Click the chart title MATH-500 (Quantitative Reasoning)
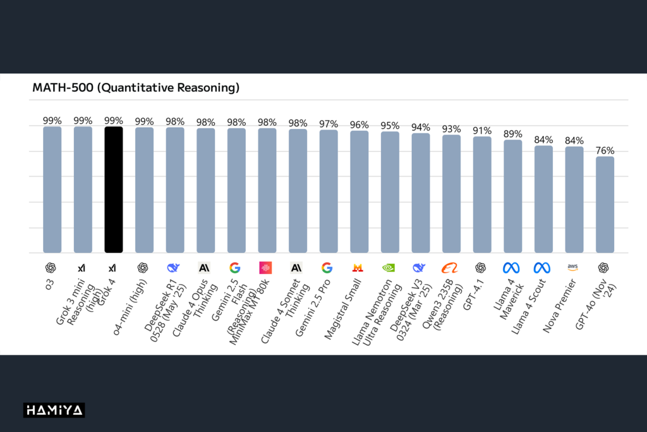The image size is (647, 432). [136, 88]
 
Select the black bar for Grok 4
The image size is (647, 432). [114, 190]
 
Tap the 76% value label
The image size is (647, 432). [605, 151]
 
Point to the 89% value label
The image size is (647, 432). [512, 134]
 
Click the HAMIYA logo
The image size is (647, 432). [54, 410]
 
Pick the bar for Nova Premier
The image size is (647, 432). [574, 199]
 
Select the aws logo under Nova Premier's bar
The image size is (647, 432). [572, 268]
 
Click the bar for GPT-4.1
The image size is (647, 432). [482, 194]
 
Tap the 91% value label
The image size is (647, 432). [482, 130]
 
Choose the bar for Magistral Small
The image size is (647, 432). [359, 192]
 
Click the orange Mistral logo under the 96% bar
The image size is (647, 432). [358, 268]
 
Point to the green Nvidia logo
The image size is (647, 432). [388, 268]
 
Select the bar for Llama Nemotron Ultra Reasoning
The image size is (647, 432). [390, 192]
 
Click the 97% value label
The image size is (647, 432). [329, 124]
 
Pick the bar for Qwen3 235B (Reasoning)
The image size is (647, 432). [451, 194]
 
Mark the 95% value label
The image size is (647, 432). [390, 125]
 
